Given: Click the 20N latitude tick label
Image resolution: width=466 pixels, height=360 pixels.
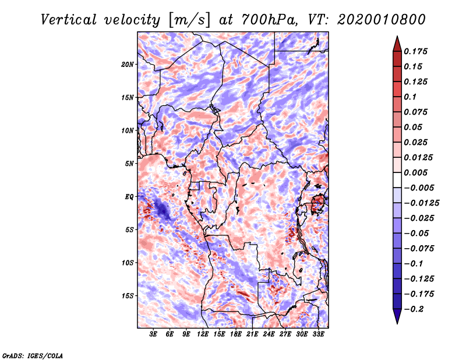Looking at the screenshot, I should click(x=128, y=64).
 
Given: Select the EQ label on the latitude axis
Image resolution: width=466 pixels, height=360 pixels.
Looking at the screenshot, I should click(x=129, y=197).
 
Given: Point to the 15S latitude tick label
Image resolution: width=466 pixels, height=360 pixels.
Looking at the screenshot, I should click(x=128, y=296).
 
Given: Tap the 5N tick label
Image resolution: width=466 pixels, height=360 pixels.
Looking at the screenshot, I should click(x=129, y=164).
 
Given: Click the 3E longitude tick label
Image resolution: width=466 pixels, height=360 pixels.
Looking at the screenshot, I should click(x=154, y=334).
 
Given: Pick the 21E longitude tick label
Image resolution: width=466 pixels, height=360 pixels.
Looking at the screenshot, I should click(x=252, y=334).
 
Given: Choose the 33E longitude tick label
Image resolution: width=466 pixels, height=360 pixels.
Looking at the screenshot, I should click(x=317, y=334).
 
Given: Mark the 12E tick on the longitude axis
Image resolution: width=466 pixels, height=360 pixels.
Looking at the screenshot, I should click(x=203, y=334).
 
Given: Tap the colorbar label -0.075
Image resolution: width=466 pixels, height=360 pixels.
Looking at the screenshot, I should click(x=419, y=248).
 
